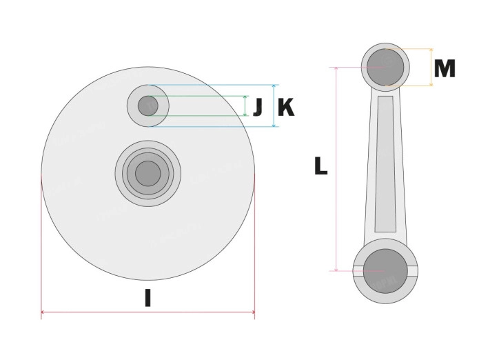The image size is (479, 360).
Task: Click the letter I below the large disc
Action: (147, 298)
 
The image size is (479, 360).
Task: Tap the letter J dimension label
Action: (258, 107)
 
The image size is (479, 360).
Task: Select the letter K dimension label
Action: (286, 108)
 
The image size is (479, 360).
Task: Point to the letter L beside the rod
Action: (320, 166)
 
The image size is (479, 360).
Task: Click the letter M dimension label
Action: (445, 69)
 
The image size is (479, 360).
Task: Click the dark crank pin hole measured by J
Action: (148, 106)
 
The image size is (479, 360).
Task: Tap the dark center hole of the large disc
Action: (148, 173)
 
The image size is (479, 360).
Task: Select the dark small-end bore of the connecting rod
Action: (385, 67)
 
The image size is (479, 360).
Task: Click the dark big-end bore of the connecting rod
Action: (385, 271)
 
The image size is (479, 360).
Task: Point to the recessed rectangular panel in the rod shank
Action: (385, 164)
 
